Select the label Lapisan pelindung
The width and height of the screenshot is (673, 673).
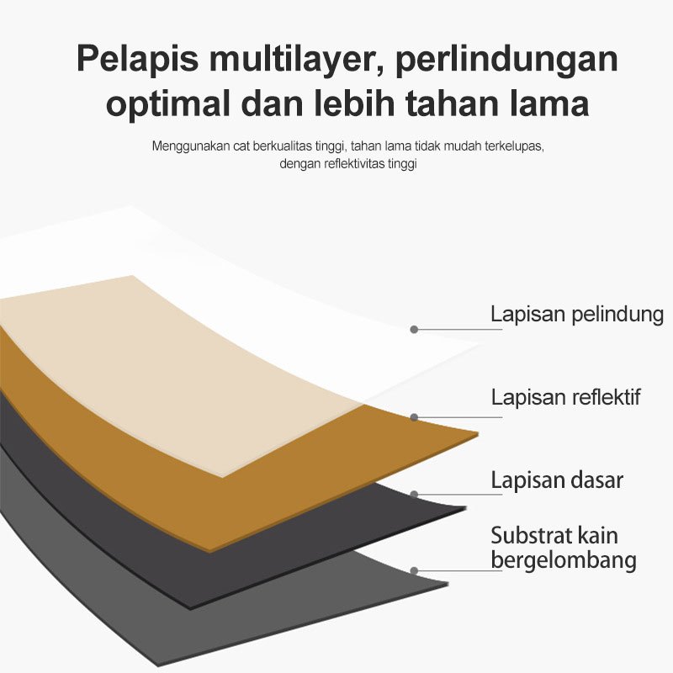577,315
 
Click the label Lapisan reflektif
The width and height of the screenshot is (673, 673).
565,397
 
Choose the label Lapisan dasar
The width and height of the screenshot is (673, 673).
557,480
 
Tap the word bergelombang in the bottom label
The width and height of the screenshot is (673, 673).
564,560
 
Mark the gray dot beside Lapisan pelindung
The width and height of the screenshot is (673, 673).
414,329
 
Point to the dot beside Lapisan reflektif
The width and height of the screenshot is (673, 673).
414,416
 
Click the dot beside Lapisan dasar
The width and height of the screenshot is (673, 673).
414,494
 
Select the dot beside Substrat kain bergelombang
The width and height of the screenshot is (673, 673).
414,570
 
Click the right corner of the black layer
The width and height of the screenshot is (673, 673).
464,508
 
